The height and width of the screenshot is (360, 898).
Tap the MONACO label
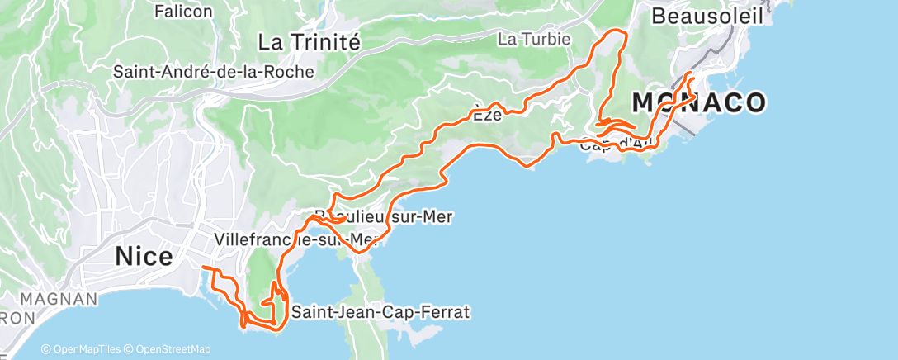click(698, 102)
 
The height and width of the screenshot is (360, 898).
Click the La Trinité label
click(309, 41)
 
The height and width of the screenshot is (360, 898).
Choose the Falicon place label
click(183, 12)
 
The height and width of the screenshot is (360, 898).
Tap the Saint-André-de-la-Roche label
click(214, 72)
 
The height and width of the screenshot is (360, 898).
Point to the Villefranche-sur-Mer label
click(295, 239)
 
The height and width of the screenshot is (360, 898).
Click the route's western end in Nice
click(203, 268)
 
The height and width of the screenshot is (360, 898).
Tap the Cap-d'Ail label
click(617, 145)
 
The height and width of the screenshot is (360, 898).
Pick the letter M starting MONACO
click(644, 102)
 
